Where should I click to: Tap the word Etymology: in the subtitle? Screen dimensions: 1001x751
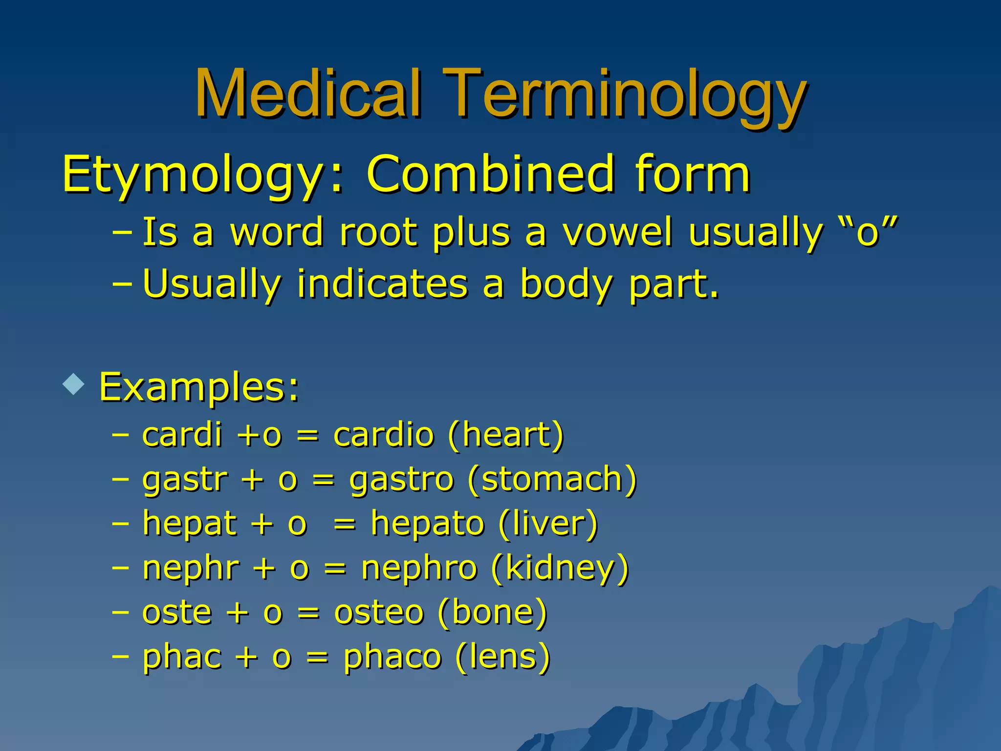click(203, 175)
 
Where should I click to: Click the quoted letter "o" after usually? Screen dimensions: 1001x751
click(868, 232)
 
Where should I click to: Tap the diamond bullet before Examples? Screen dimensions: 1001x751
click(74, 384)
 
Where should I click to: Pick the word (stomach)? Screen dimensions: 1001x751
click(552, 479)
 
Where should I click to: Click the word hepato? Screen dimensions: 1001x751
click(427, 524)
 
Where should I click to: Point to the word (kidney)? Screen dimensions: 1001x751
click(560, 569)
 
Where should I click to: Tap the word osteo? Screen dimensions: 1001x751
click(378, 612)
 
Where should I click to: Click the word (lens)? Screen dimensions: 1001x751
click(502, 657)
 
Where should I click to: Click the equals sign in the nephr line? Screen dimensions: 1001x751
click(335, 569)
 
